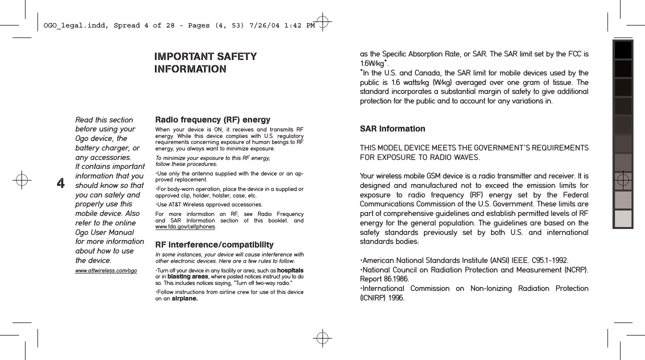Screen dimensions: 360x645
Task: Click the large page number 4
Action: (x=61, y=184)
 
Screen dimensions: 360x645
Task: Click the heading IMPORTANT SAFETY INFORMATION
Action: (x=205, y=62)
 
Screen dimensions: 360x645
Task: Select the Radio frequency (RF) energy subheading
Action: (x=213, y=120)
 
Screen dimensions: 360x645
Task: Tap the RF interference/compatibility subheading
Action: (x=214, y=245)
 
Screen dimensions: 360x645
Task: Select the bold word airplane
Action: (x=184, y=299)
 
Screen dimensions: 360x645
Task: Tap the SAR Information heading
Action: (x=392, y=129)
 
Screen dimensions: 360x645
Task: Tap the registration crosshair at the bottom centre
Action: (x=323, y=337)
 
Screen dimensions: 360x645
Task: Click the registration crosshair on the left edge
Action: (x=22, y=180)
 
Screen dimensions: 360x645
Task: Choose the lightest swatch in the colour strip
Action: (x=623, y=219)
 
